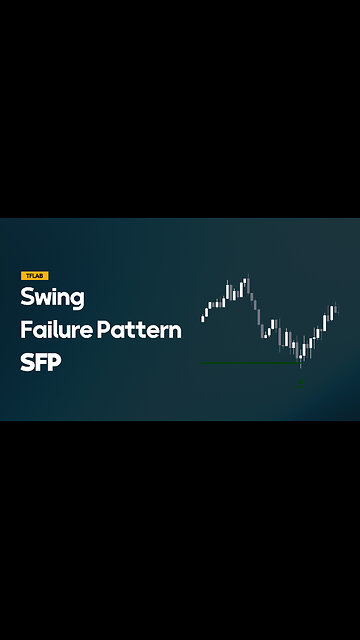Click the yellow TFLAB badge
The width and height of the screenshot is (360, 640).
[35, 275]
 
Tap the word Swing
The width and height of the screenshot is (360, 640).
[52, 298]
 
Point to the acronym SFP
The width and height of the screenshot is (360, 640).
[41, 362]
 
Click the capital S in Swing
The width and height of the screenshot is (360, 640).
[27, 297]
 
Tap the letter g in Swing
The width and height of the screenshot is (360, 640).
[77, 301]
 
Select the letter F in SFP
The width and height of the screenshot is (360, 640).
[41, 362]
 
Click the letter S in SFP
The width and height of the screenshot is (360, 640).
[27, 362]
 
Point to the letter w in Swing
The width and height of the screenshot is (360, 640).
[43, 298]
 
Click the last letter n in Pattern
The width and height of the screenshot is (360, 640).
[175, 332]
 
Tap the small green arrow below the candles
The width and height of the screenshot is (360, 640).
[301, 380]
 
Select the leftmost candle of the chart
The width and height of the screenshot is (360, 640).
[204, 314]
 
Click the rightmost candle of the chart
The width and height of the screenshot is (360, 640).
[334, 311]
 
